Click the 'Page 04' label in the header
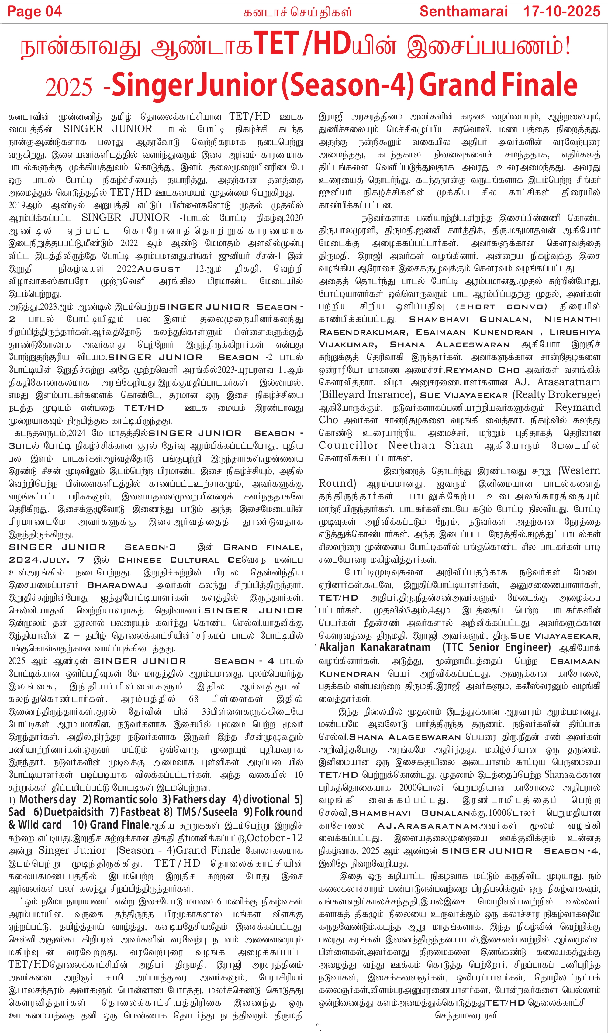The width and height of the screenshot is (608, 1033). point(34,12)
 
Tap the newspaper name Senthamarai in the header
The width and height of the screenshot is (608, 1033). point(463,12)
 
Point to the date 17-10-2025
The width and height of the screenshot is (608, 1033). point(561,12)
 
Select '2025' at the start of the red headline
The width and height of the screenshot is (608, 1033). point(68,87)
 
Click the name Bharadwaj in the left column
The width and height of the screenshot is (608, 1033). point(117,585)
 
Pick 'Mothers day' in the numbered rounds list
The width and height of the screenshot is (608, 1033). point(48,799)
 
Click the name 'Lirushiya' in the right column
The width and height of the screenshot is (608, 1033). point(575,332)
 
